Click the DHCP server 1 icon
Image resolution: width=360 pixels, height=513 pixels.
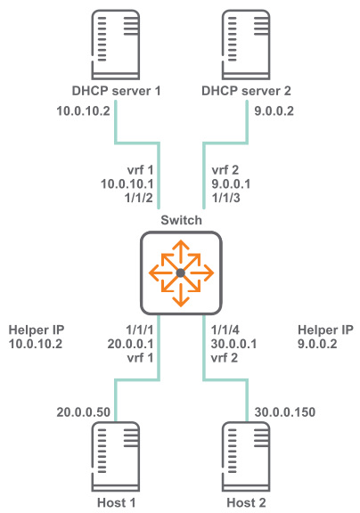point(116,45)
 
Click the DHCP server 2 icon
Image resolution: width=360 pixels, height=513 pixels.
point(246,45)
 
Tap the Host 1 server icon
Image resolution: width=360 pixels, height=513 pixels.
point(116,457)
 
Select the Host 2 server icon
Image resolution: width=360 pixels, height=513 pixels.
point(246,457)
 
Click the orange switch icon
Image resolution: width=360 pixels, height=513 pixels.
point(181,273)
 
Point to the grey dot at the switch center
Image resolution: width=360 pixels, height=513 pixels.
point(181,273)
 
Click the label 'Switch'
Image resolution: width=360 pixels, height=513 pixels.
point(181,221)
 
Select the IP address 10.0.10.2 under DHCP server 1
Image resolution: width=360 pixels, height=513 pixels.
point(83,111)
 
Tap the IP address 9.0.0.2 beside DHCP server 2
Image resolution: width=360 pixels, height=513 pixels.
point(274,111)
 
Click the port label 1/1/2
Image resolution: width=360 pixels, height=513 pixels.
point(139,198)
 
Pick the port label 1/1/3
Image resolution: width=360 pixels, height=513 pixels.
point(226,198)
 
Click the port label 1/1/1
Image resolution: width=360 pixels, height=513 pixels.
point(139,330)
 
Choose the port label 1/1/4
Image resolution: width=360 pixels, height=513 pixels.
point(225,330)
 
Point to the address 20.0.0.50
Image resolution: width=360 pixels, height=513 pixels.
point(83,412)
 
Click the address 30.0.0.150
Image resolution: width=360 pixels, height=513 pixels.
point(285,412)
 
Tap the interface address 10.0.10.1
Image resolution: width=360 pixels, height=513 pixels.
point(127,184)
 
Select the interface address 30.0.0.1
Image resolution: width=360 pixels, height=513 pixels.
point(233,344)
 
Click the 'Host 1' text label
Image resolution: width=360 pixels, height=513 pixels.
point(116,502)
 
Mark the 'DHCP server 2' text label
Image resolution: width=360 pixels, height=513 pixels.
point(246,91)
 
